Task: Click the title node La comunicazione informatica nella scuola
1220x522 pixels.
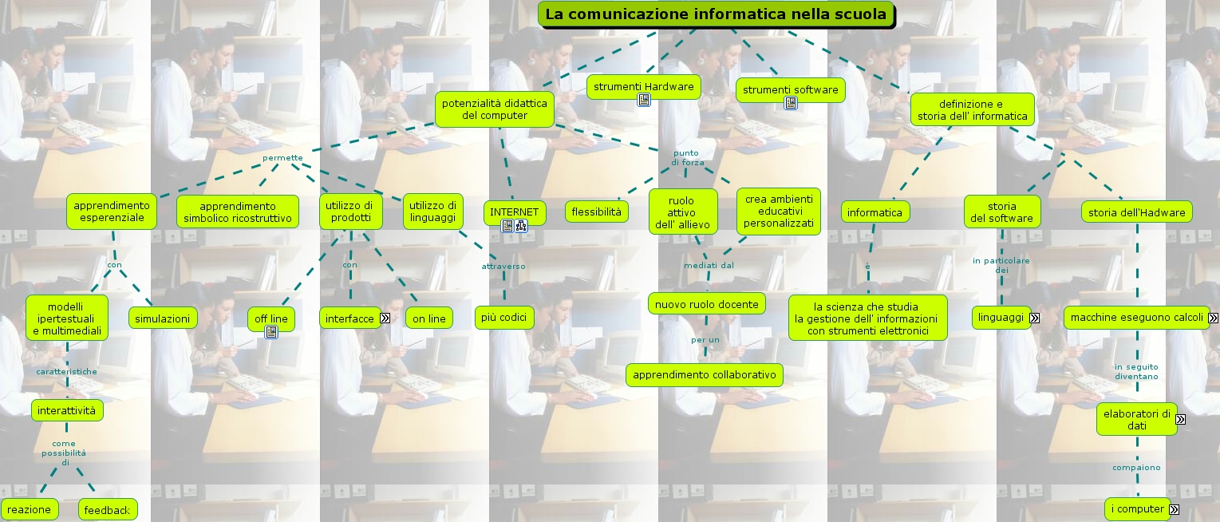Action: click(x=716, y=14)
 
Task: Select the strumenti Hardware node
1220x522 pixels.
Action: click(x=643, y=86)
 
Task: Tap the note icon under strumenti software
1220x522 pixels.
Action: click(x=791, y=103)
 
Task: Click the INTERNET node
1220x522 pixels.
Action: click(x=515, y=212)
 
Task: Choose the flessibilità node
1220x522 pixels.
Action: click(x=597, y=212)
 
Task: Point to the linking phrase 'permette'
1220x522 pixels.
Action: click(x=282, y=157)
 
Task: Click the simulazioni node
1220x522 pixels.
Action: click(x=163, y=318)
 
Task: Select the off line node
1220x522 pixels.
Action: click(x=270, y=318)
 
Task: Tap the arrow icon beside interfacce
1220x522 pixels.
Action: click(x=385, y=318)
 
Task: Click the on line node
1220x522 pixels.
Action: click(x=429, y=318)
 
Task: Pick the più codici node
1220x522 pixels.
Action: click(x=504, y=318)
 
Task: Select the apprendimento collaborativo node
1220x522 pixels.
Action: click(x=704, y=374)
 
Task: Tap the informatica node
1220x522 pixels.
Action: click(x=875, y=212)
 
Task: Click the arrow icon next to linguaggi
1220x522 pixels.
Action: click(x=1035, y=318)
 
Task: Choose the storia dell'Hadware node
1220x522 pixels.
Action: click(x=1137, y=212)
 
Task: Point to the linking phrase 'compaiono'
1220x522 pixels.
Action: click(x=1136, y=467)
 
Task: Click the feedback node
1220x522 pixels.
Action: click(x=107, y=510)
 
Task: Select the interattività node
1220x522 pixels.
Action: click(x=66, y=410)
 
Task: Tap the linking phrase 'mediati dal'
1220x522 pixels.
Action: click(x=709, y=265)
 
